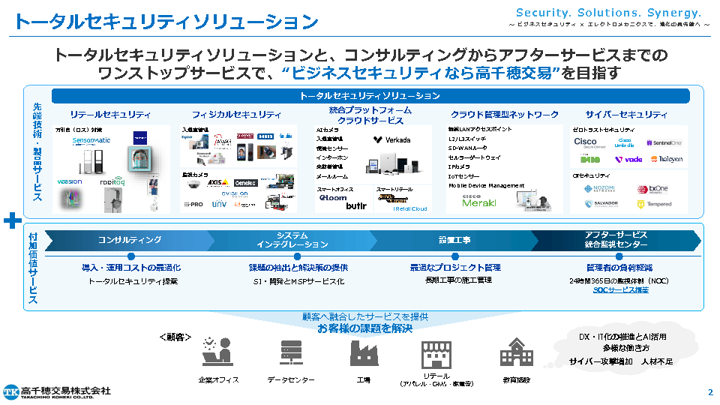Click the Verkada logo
point(391,140)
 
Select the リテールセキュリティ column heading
point(110,115)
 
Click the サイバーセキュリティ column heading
point(626,115)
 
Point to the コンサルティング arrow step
point(129,240)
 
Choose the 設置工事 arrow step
point(454,240)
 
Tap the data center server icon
point(290,353)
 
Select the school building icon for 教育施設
point(516,353)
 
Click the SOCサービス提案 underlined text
point(620,289)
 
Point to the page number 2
point(709,392)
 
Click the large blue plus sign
point(11,221)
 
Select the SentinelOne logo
point(663,142)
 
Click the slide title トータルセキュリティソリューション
point(166,22)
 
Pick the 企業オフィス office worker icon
point(217,352)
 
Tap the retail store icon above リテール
point(436,353)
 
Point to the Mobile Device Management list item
point(485,185)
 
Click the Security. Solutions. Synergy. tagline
point(608,13)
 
